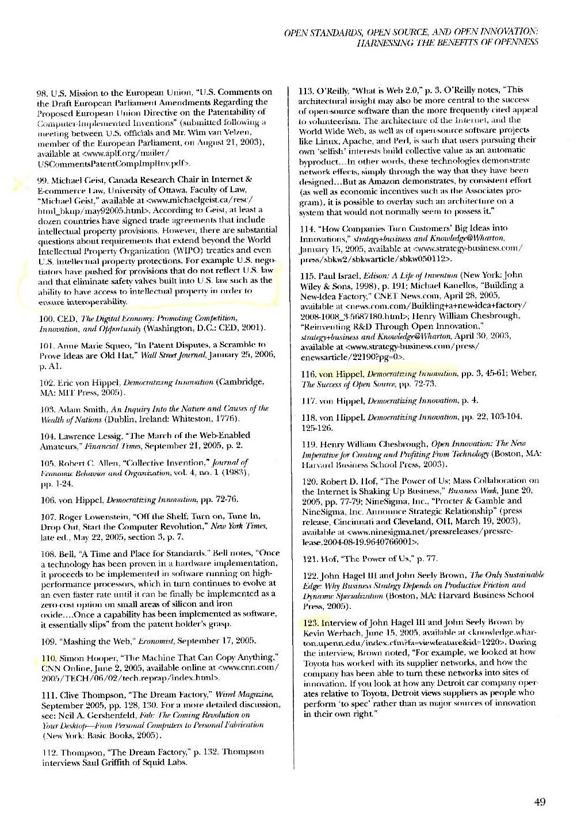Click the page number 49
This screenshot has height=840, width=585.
[539, 802]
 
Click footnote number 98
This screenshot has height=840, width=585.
[43, 92]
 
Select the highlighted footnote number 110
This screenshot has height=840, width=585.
[48, 658]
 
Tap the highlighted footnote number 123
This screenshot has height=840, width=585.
[310, 622]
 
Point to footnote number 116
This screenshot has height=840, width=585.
[308, 373]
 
